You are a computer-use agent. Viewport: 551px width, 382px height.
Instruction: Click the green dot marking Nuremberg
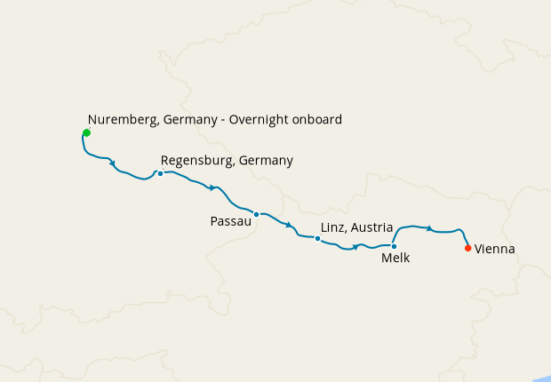click(86, 133)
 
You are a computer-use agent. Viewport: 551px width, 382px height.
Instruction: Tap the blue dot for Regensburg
click(160, 173)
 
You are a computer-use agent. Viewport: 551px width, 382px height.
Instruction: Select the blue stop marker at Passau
click(256, 214)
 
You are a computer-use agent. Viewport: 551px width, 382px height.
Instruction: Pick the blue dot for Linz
click(317, 238)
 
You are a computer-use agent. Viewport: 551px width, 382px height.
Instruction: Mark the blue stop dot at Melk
click(394, 246)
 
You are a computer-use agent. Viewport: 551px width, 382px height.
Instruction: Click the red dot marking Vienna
click(468, 249)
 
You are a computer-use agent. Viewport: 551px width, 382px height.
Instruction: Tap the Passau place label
click(230, 220)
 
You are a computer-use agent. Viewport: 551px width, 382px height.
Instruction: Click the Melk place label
click(395, 259)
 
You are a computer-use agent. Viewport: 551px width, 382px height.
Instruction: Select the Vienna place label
click(495, 250)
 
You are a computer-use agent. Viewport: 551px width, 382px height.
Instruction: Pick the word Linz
click(332, 228)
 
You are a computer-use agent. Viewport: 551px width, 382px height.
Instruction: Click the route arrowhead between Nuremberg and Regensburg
click(113, 162)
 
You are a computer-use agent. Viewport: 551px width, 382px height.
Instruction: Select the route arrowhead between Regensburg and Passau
click(212, 187)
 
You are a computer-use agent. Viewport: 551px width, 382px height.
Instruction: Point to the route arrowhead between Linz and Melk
click(355, 247)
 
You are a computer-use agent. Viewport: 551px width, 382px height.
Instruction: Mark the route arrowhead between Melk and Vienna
click(430, 228)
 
